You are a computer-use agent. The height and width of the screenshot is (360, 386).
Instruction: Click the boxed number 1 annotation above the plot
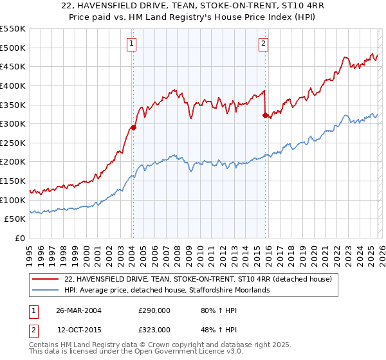click(x=132, y=44)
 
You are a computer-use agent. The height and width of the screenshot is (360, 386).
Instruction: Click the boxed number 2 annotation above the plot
click(x=264, y=44)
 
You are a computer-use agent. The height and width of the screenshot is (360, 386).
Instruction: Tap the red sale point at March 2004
click(x=133, y=127)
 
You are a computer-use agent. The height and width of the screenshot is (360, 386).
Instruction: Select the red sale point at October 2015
click(x=265, y=115)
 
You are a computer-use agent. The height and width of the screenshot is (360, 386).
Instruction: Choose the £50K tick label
click(x=15, y=219)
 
